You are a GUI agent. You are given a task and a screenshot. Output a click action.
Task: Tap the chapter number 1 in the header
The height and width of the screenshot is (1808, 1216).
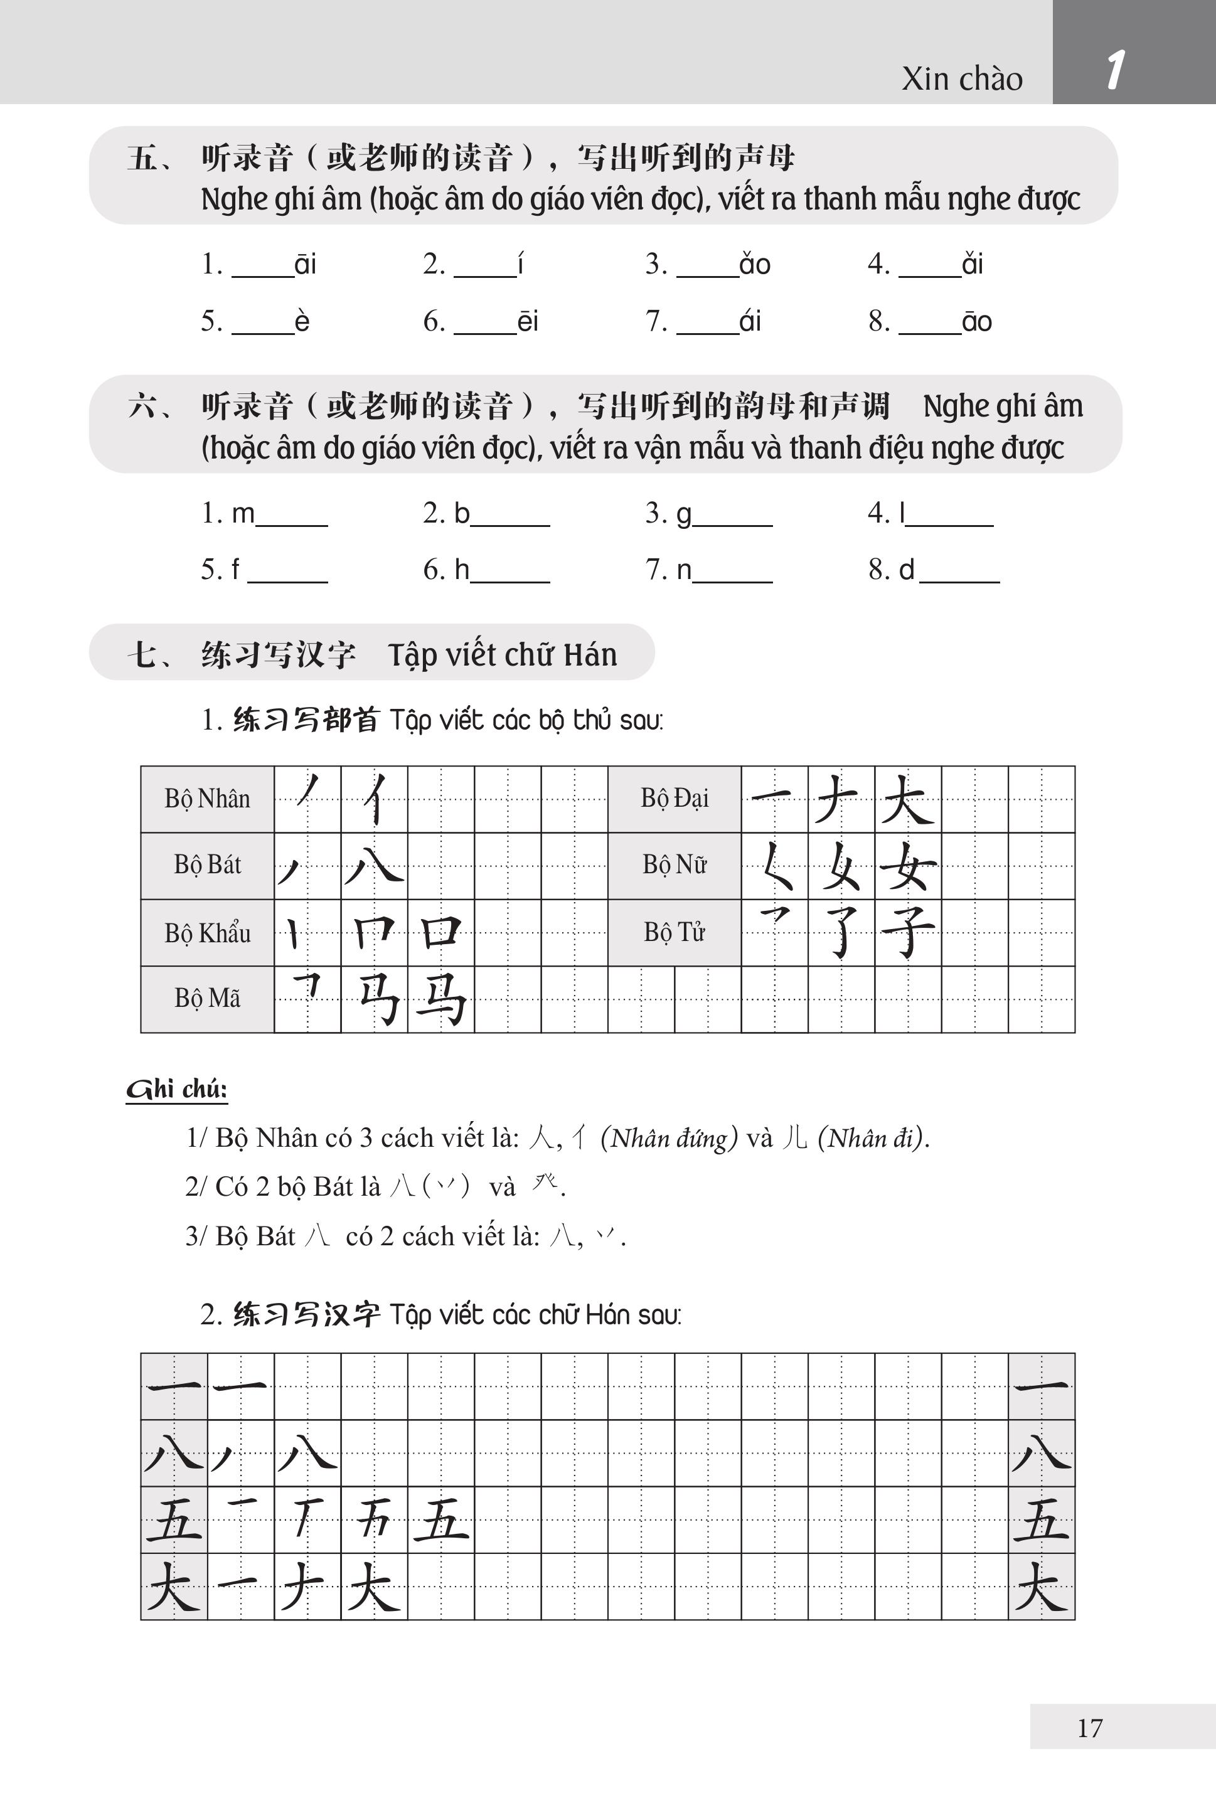click(1115, 70)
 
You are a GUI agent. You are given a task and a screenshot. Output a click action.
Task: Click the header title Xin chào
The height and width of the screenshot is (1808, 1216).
click(962, 78)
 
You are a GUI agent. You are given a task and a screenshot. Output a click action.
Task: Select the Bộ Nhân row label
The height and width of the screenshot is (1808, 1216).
click(207, 799)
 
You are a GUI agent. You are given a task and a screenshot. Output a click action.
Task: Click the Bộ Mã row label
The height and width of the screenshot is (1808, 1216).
click(207, 999)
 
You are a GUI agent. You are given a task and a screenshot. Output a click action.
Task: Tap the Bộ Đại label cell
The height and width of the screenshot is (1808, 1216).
click(674, 799)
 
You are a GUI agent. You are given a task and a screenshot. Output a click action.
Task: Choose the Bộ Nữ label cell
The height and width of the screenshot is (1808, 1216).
click(674, 864)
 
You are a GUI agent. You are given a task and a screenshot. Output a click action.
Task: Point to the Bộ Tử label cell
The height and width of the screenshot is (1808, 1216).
click(674, 932)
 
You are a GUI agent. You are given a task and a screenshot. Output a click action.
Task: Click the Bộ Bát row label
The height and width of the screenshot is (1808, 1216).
click(207, 865)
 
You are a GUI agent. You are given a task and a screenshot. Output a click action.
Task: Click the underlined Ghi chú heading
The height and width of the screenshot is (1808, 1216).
click(177, 1089)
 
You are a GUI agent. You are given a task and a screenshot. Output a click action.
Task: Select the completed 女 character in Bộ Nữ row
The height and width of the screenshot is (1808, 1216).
click(908, 866)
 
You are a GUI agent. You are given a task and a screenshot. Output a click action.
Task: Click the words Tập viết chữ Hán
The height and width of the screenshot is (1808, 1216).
click(503, 655)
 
